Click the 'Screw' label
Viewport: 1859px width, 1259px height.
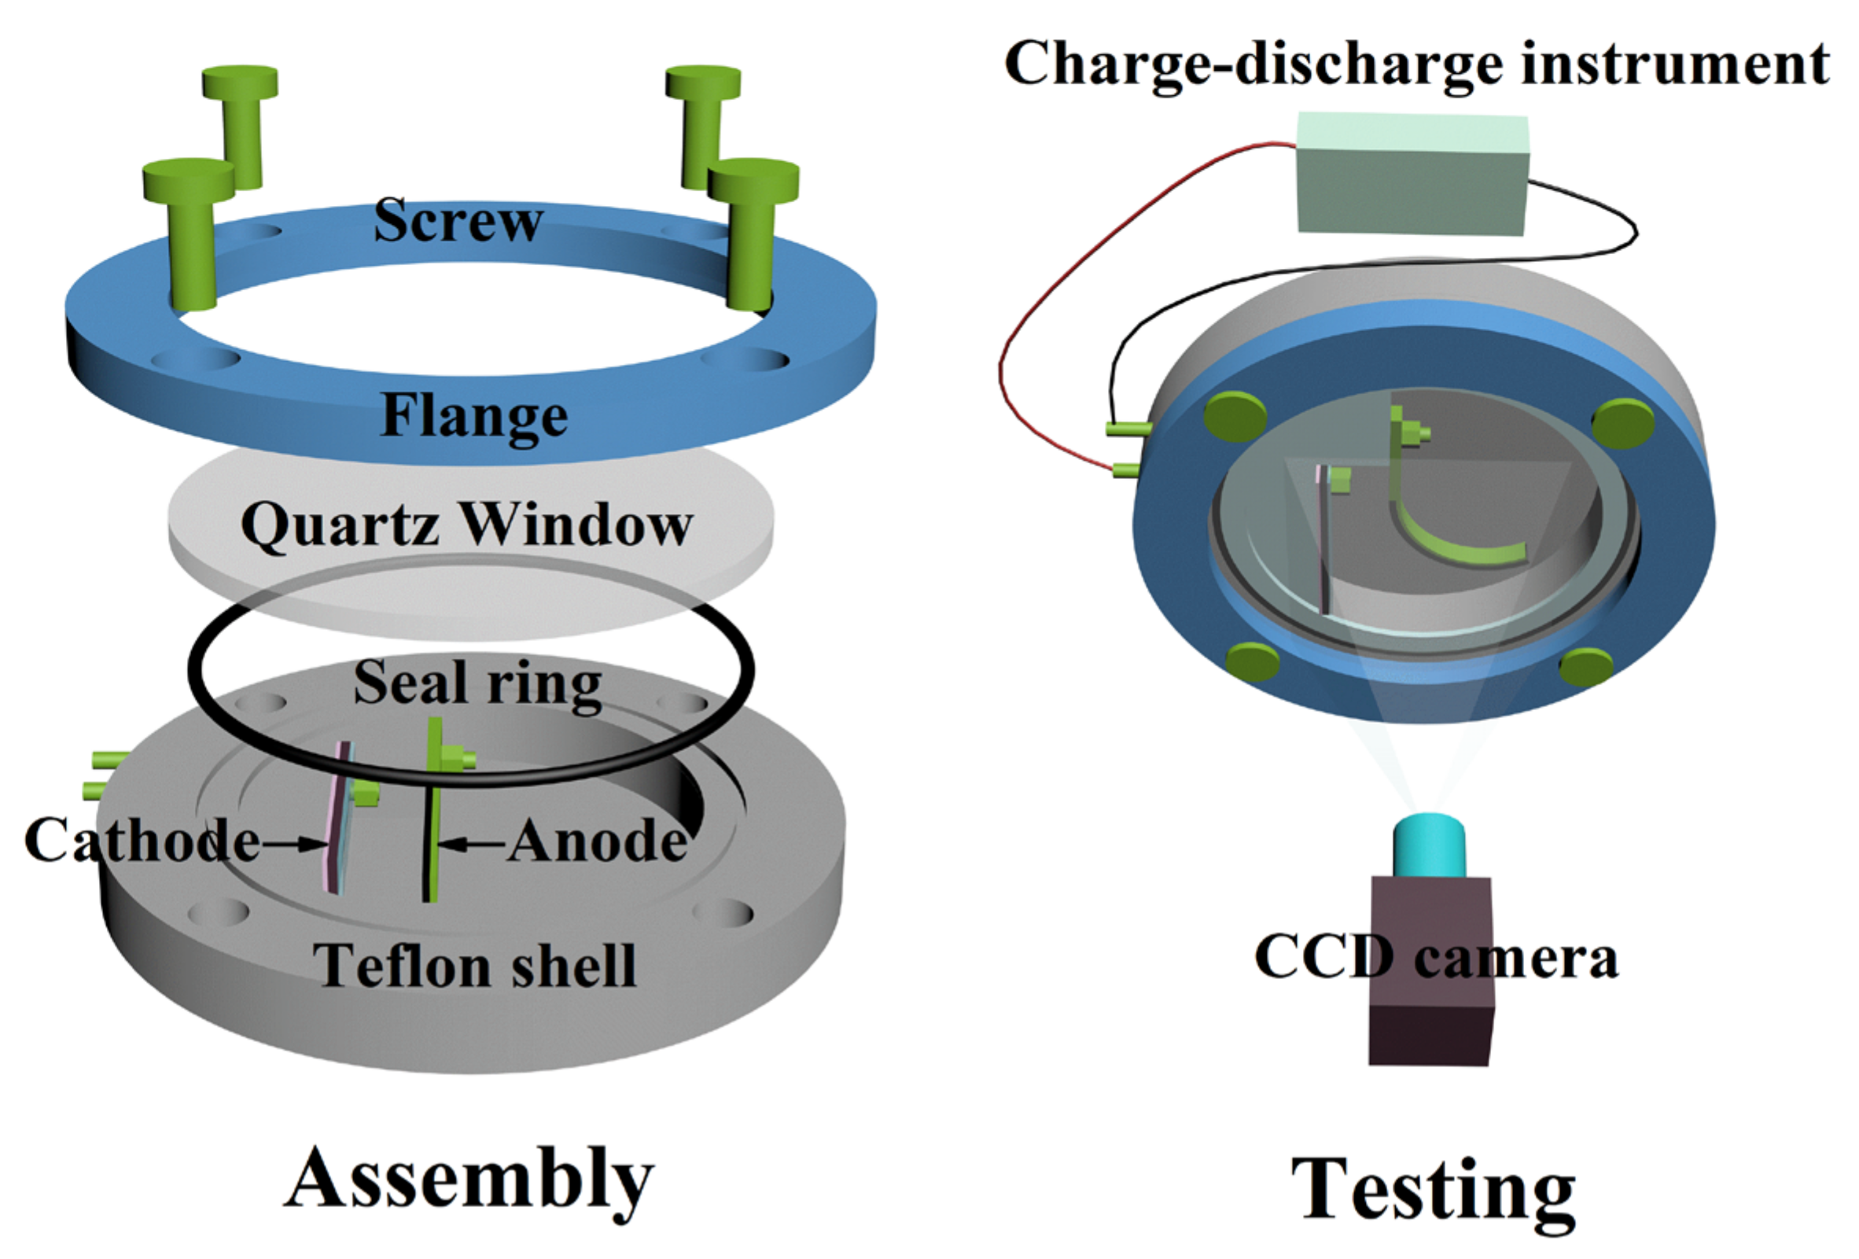point(458,221)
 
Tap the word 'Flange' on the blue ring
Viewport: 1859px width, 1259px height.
point(473,416)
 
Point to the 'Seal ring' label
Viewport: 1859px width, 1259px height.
point(477,683)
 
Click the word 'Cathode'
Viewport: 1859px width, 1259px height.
point(142,841)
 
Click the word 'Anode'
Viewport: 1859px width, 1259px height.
point(598,841)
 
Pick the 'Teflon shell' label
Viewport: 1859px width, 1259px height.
point(473,966)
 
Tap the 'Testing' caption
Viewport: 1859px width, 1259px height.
point(1434,1191)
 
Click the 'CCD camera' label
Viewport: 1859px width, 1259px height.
point(1437,958)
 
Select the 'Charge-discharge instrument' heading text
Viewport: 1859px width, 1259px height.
point(1416,63)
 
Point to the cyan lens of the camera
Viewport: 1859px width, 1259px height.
point(1430,847)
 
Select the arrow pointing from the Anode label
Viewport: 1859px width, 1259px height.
point(472,843)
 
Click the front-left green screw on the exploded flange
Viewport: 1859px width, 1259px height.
point(190,232)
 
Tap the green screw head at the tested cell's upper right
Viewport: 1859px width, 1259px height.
point(1622,422)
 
